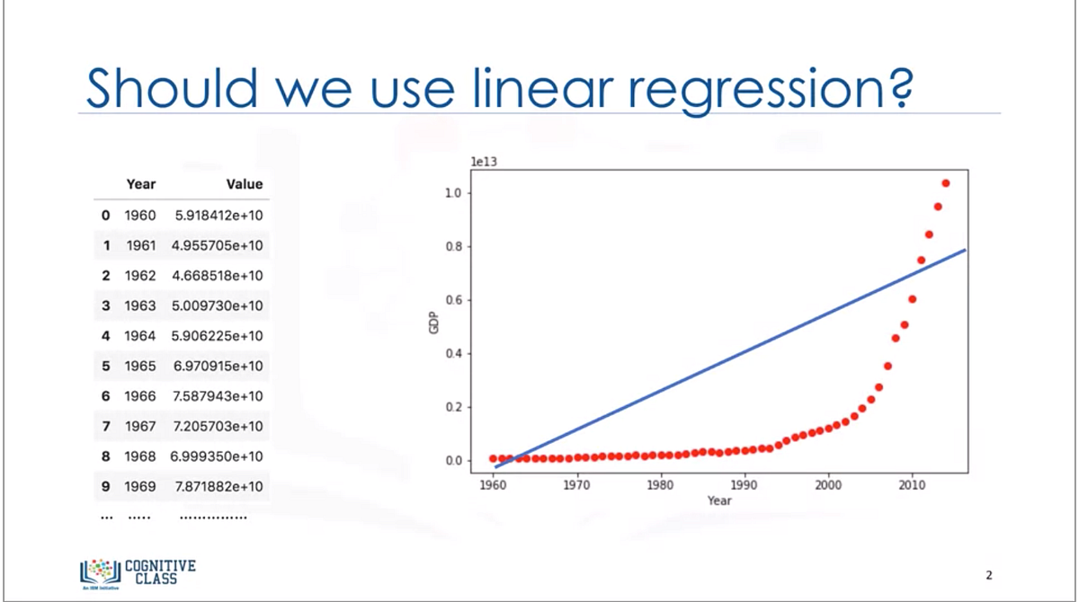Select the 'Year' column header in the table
point(141,184)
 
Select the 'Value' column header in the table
point(244,184)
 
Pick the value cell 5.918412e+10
point(218,216)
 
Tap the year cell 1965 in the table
point(140,366)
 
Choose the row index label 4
point(105,336)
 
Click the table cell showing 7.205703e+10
point(218,426)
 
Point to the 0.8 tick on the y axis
point(454,246)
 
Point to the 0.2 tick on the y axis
point(454,407)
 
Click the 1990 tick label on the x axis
point(745,485)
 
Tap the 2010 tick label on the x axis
point(912,485)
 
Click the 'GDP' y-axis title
point(433,325)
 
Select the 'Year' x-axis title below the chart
point(718,500)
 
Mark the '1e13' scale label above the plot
point(484,162)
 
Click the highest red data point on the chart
point(946,183)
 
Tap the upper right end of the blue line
point(965,251)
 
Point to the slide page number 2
point(989,574)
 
